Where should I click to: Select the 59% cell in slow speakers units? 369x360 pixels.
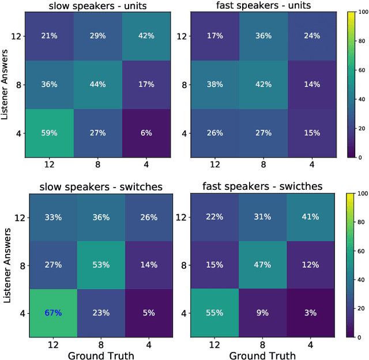49,132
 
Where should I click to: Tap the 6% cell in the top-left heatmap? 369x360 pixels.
146,132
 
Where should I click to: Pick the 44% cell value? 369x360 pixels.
97,84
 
